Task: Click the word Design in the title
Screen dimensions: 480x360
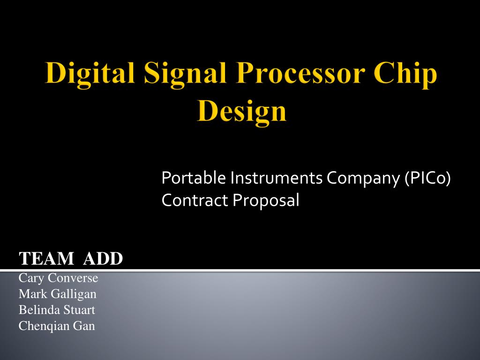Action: point(242,112)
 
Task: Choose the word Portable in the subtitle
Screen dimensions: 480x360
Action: point(194,178)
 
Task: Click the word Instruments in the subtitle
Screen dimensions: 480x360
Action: point(276,178)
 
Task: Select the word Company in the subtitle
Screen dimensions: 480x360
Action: point(363,178)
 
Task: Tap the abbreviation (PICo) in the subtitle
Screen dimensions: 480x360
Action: point(427,178)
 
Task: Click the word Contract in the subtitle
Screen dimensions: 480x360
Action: point(195,200)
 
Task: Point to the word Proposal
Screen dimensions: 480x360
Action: point(266,201)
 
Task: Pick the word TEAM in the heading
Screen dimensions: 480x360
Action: point(46,258)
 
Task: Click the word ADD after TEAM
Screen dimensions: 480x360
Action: point(103,258)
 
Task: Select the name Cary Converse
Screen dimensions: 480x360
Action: point(58,278)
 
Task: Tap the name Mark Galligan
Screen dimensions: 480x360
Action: point(58,294)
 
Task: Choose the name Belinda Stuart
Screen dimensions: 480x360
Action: point(57,310)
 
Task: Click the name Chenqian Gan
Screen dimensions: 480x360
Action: point(57,326)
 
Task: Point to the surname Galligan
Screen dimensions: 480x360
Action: point(74,294)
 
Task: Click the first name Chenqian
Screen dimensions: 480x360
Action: point(44,326)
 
